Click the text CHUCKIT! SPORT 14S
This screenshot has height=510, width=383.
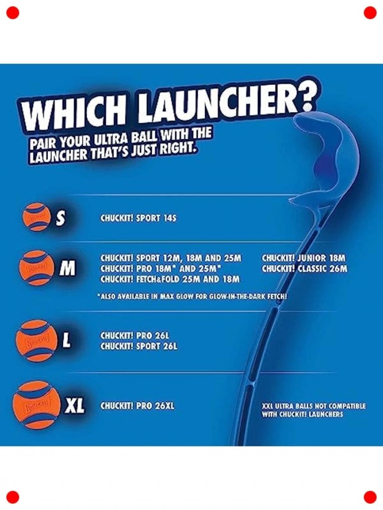click(x=138, y=218)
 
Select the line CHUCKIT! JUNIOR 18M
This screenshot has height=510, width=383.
click(x=304, y=258)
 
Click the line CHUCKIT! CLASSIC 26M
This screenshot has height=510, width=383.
click(x=304, y=269)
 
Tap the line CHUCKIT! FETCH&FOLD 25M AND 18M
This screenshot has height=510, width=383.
click(x=170, y=279)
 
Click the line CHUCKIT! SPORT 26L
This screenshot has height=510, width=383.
click(x=139, y=346)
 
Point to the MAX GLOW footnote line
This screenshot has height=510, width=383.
click(x=192, y=297)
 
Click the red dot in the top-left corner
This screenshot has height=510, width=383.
click(x=13, y=13)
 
